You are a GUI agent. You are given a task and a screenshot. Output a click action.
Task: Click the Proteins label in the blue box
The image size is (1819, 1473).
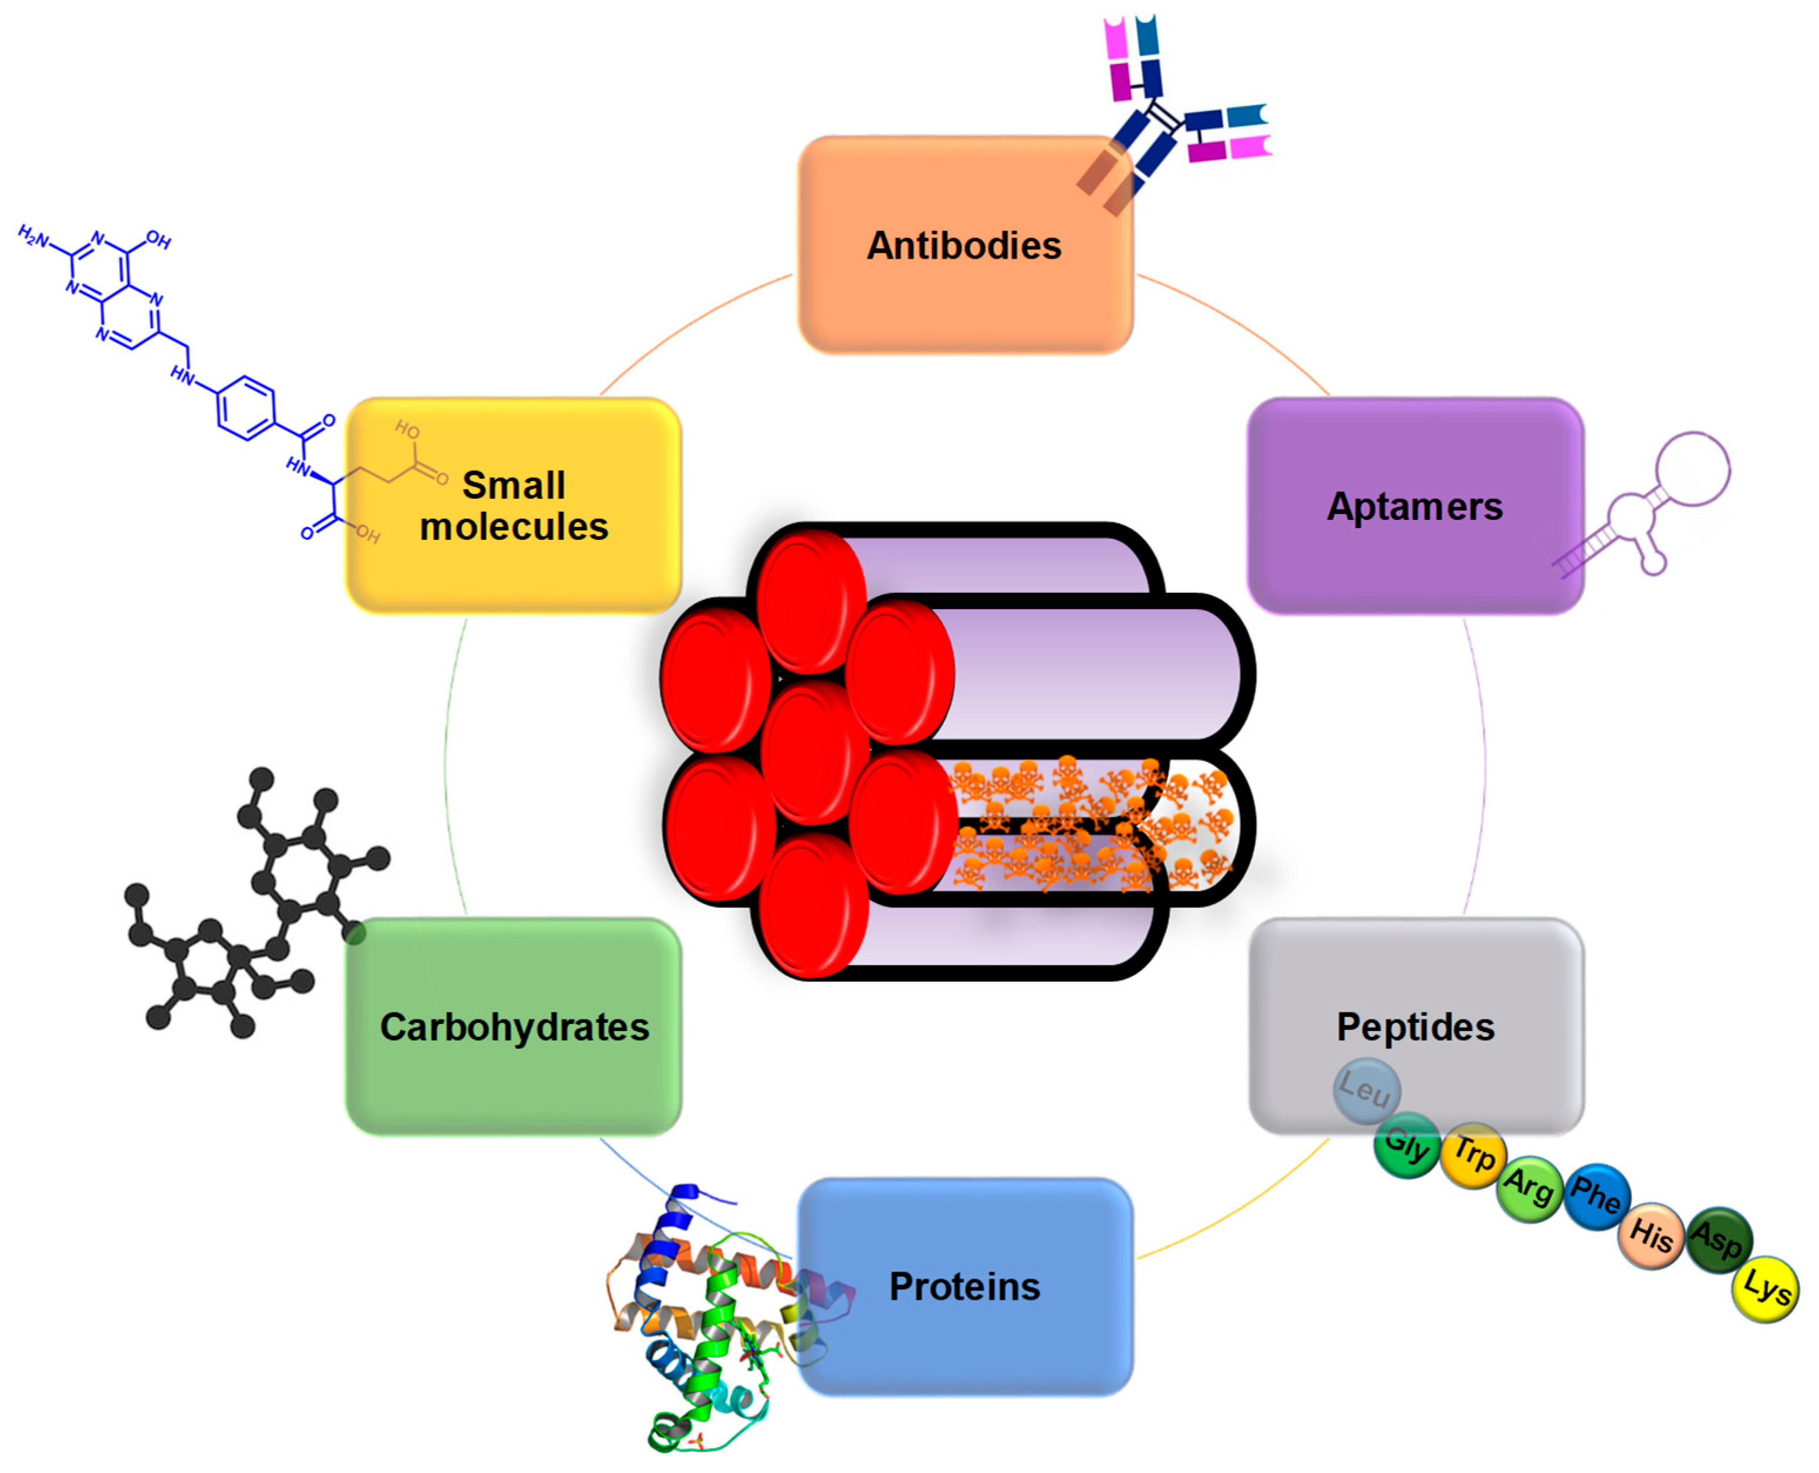pos(964,1286)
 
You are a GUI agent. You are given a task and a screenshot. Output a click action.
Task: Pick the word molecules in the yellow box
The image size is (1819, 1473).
pos(514,527)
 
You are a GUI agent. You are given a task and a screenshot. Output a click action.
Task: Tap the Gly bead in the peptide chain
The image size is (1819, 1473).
pos(1406,1146)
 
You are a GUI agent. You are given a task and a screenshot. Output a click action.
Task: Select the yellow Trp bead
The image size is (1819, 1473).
pos(1473,1156)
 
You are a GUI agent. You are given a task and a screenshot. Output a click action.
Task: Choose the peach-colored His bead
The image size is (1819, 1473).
pos(1651,1235)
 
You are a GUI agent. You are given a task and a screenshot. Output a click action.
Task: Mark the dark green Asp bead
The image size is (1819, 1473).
pos(1718,1241)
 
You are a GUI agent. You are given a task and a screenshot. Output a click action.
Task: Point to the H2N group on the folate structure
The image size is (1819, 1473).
pos(34,237)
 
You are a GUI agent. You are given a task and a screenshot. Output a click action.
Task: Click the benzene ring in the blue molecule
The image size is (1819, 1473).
pos(246,408)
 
